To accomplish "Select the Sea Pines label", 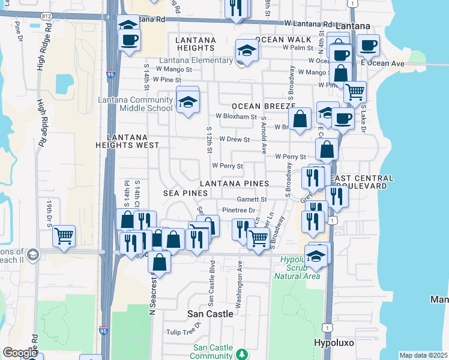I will (185, 193).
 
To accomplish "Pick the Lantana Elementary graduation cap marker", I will (246, 52).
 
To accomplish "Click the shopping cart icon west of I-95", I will (64, 236).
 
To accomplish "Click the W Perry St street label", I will (228, 166).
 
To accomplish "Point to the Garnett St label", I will (252, 199).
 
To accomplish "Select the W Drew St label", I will (234, 139).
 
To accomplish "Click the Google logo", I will (20, 353).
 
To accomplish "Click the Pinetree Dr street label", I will (239, 210).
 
